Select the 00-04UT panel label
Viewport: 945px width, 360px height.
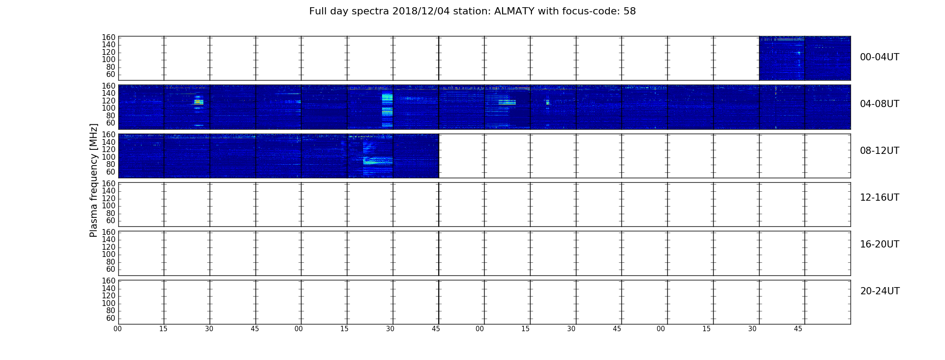(880, 57)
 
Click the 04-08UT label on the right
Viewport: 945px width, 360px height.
(880, 104)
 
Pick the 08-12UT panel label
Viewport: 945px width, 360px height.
(880, 151)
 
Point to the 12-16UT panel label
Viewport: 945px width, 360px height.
(880, 198)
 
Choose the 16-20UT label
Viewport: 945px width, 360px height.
(880, 244)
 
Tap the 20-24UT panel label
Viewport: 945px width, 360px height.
(880, 291)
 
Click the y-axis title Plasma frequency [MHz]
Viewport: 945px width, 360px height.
(94, 180)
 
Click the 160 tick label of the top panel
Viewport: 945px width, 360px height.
(108, 37)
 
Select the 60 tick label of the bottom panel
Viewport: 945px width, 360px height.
(111, 318)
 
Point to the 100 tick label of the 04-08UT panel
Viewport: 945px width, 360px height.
(108, 108)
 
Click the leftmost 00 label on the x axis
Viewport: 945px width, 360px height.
(118, 329)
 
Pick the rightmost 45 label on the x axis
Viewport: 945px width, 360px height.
(798, 329)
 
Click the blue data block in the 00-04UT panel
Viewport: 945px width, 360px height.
(805, 58)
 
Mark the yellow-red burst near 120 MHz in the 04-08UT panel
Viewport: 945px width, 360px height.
(198, 102)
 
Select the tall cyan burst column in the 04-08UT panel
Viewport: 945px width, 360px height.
(387, 110)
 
